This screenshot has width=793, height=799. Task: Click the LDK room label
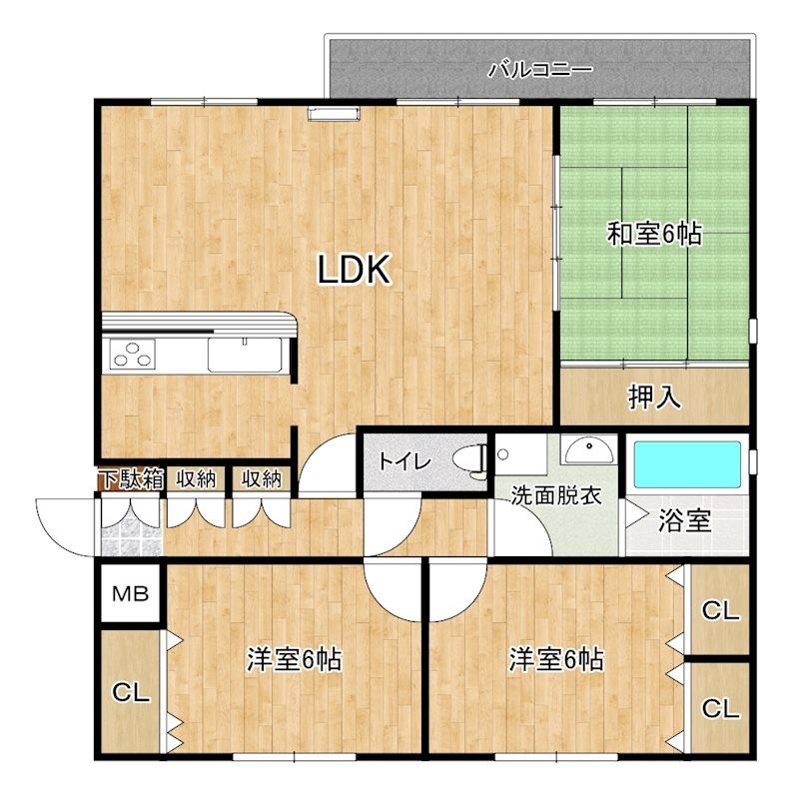[x=355, y=269]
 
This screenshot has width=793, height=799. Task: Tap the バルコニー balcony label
[x=540, y=69]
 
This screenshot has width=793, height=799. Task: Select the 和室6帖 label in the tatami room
[x=654, y=234]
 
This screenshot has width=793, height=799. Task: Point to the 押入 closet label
[x=654, y=397]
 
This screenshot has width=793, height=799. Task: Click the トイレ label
[x=404, y=461]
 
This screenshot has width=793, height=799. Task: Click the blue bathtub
[x=686, y=464]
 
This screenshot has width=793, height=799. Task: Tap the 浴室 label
[x=685, y=520]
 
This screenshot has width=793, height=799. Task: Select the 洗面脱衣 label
[x=556, y=495]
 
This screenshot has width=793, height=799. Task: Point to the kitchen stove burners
[x=132, y=355]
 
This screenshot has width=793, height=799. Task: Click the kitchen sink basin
[x=245, y=355]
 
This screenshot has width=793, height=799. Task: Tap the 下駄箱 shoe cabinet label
[x=132, y=479]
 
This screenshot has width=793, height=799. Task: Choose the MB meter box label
[x=131, y=593]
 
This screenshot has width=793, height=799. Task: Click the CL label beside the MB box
[x=131, y=693]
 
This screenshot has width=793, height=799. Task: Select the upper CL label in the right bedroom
[x=720, y=610]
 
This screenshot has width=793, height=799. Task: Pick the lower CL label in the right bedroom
[x=720, y=708]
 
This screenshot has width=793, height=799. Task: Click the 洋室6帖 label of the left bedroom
[x=294, y=659]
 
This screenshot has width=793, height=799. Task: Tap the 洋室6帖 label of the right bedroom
[x=556, y=659]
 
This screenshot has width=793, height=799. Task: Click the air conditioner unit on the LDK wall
[x=334, y=114]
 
